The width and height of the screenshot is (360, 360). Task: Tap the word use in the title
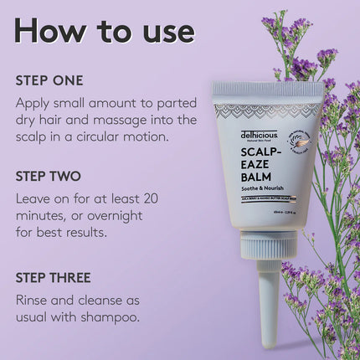[x=165, y=31]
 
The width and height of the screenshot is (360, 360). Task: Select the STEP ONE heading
[x=49, y=81]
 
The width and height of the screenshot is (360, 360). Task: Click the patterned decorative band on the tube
[x=266, y=109]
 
